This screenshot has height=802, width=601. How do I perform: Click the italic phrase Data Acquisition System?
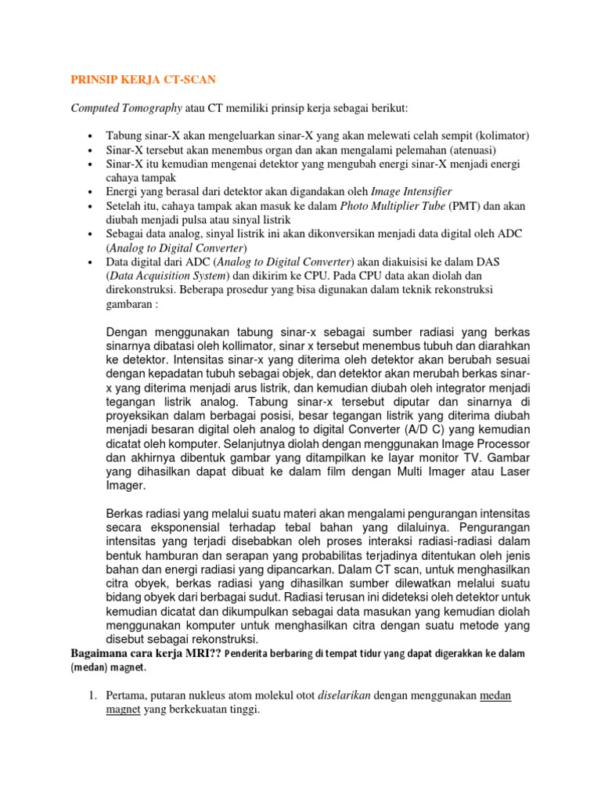tap(172, 276)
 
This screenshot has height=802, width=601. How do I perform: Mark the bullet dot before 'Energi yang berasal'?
tap(92, 192)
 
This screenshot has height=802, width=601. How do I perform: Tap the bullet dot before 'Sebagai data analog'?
tap(92, 234)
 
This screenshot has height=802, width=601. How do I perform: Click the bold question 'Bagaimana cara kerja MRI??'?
tap(145, 653)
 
